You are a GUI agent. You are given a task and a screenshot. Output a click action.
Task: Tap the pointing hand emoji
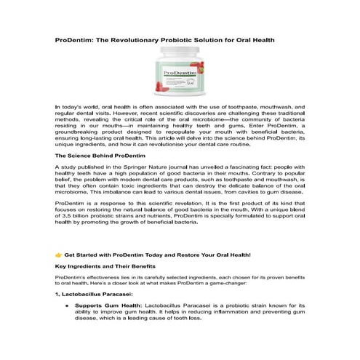click(x=59, y=255)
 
